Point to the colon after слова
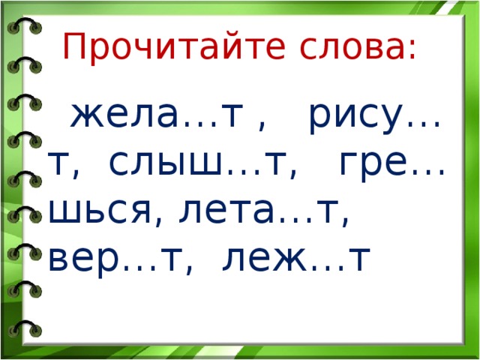[412, 51]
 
